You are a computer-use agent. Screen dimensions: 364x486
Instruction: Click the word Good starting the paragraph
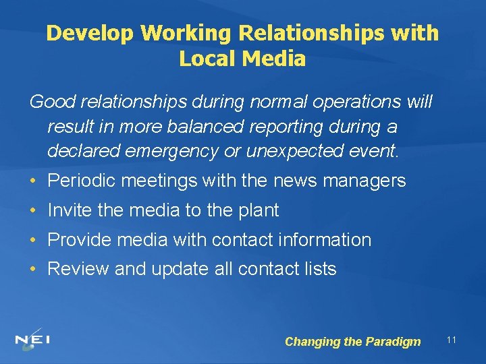(53, 102)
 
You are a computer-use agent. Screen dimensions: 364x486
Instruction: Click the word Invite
(70, 210)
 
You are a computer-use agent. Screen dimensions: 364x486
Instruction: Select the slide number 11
(452, 340)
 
